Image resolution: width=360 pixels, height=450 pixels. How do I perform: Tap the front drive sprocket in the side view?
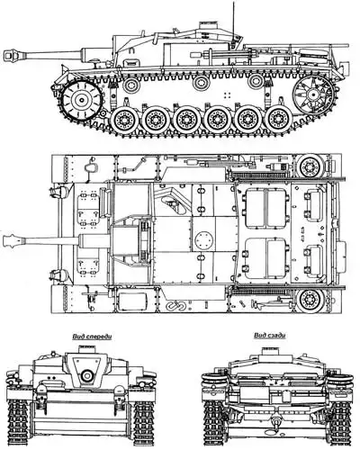81,100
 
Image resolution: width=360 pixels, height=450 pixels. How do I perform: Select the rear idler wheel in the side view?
312,94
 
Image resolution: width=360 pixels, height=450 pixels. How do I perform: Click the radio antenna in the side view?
234,21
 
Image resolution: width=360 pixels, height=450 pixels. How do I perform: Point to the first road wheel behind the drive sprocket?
123,121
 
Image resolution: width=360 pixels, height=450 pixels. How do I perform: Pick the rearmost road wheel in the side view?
278,121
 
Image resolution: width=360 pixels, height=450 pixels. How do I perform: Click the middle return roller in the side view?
201,83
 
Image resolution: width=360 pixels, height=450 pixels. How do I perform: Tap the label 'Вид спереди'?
92,337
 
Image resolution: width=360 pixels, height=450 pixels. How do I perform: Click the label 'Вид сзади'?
269,335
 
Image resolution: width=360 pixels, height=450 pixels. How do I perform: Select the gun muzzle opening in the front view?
87,375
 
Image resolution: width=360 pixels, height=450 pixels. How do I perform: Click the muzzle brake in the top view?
13,240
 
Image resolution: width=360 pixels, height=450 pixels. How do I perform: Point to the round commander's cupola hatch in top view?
204,240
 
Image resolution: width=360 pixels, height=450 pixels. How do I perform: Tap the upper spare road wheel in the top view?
310,166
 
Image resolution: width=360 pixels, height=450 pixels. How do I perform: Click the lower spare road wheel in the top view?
310,300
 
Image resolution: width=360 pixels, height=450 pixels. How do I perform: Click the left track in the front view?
18,424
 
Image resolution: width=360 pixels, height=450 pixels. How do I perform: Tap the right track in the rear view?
340,424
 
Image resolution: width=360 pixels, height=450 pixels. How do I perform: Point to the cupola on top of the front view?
86,349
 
